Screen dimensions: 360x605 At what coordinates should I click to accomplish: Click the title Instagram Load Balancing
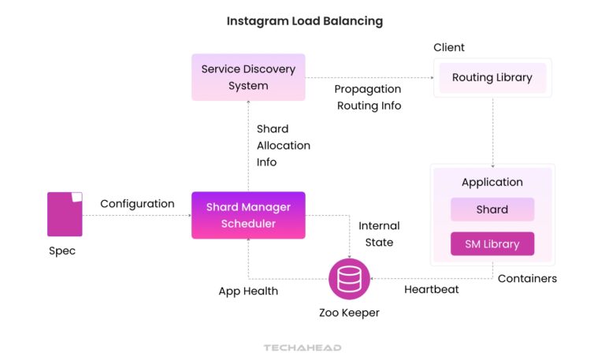(305, 21)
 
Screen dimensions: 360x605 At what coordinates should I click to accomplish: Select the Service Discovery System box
(248, 77)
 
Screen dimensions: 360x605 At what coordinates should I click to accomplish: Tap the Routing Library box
(492, 77)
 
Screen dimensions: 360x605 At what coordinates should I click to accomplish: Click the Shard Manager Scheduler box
(248, 215)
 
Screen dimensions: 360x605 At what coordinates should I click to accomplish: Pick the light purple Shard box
(492, 210)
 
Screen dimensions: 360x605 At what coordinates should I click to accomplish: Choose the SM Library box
(492, 243)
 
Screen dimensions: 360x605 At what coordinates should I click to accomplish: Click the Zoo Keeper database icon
(348, 278)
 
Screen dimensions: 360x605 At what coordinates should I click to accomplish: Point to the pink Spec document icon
(65, 213)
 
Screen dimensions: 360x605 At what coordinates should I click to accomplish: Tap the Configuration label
(137, 203)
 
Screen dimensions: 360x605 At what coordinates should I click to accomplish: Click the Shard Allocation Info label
(283, 145)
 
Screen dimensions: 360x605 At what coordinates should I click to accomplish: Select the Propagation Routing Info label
(368, 97)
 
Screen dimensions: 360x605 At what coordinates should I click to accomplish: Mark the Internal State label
(379, 234)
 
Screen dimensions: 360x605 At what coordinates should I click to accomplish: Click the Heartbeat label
(432, 290)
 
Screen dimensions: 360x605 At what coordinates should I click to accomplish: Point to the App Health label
(248, 291)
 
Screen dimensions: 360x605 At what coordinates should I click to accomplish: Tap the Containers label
(527, 278)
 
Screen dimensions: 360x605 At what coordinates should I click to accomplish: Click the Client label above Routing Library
(449, 47)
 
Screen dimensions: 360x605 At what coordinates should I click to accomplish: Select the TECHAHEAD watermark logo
(302, 347)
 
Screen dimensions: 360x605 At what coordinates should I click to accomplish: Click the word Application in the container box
(492, 182)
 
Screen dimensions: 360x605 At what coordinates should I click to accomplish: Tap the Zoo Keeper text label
(349, 313)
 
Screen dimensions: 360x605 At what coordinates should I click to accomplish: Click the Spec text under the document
(62, 251)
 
